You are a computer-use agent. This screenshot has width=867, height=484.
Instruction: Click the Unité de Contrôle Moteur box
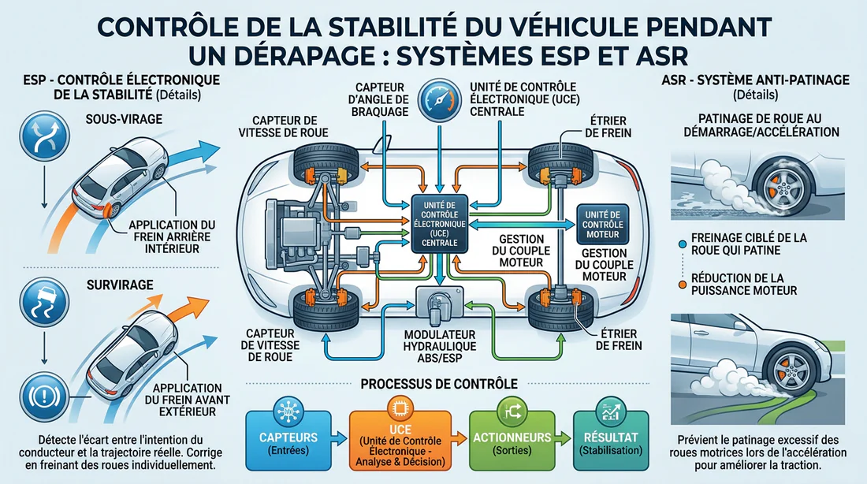(x=603, y=222)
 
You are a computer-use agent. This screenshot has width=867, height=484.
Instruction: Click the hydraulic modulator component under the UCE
(x=437, y=304)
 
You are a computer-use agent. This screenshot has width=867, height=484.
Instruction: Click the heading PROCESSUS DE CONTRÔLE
(x=439, y=383)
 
